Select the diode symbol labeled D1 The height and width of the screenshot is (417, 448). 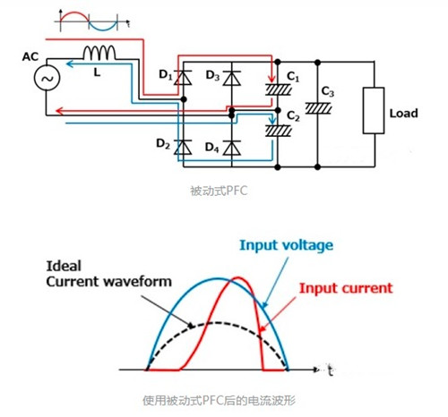185,79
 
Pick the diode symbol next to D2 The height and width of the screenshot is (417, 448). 185,145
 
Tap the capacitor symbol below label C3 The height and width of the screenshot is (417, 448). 314,108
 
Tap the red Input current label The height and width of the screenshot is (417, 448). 345,288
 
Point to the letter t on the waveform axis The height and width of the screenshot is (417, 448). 331,369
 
